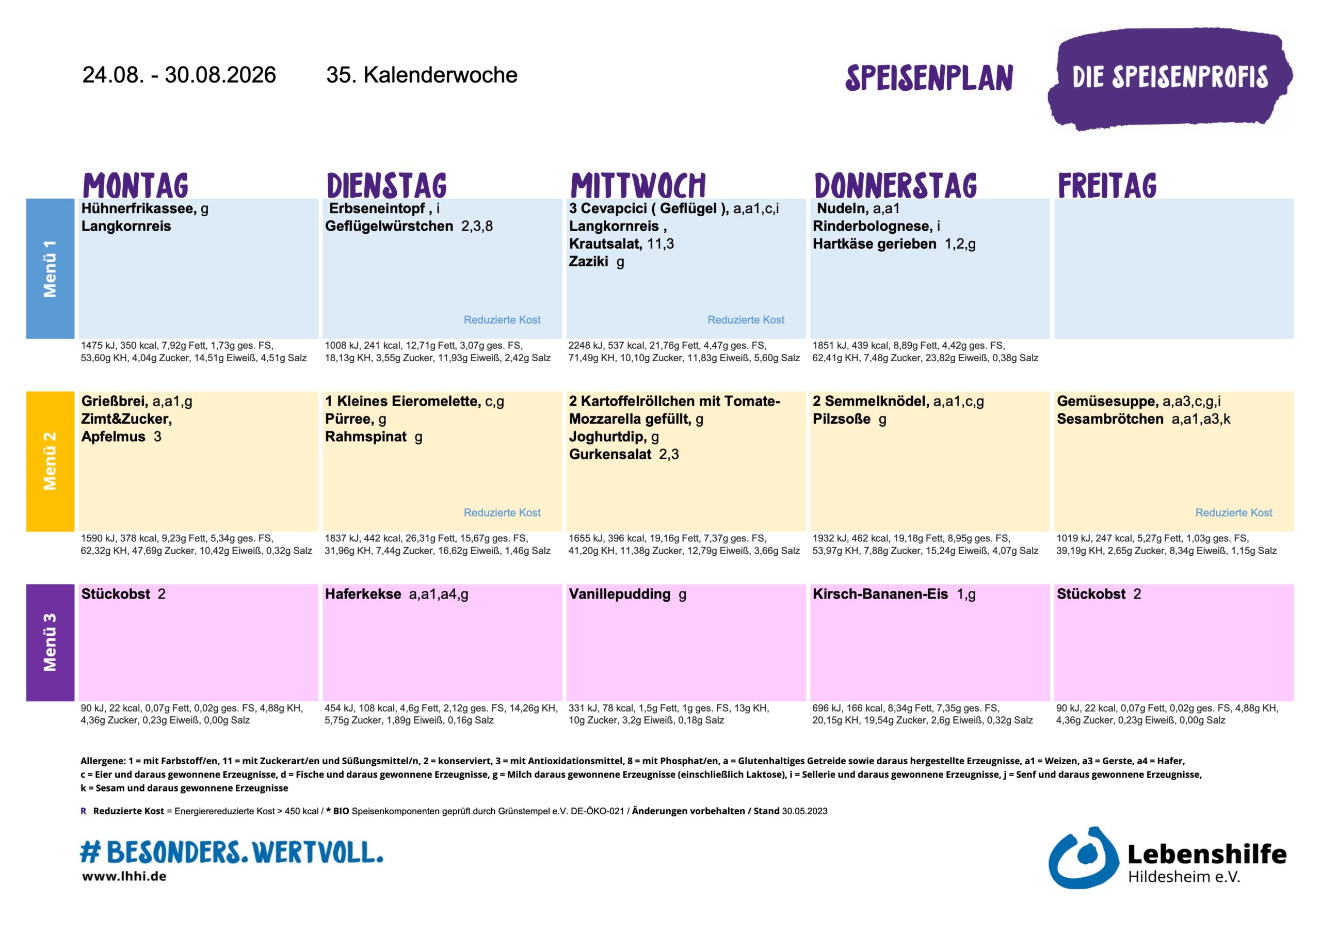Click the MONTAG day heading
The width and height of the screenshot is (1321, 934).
click(x=136, y=185)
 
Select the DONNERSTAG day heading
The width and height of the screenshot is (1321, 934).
click(x=895, y=185)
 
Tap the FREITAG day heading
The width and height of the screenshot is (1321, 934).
click(x=1107, y=185)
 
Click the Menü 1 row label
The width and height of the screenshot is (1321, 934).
click(x=50, y=269)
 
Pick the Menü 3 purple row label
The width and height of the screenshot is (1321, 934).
click(x=50, y=642)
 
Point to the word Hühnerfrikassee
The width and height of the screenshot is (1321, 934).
click(x=139, y=208)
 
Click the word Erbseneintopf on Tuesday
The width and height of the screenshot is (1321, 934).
click(x=377, y=208)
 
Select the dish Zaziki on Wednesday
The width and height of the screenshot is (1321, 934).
click(x=588, y=261)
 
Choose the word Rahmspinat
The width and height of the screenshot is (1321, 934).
click(x=366, y=437)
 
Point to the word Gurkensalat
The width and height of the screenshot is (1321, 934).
click(x=610, y=454)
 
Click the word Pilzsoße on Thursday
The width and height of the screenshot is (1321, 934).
click(x=842, y=419)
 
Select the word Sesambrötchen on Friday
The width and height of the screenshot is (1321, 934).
click(x=1110, y=419)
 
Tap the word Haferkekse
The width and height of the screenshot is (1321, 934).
click(x=363, y=594)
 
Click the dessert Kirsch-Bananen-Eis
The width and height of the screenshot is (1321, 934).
click(x=880, y=594)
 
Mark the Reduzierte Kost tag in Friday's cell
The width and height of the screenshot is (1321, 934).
click(x=1234, y=512)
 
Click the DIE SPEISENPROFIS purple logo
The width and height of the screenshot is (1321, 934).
click(x=1170, y=78)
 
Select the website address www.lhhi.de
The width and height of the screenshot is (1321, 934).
click(x=124, y=876)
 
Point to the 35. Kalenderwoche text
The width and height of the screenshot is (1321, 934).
click(x=422, y=75)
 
